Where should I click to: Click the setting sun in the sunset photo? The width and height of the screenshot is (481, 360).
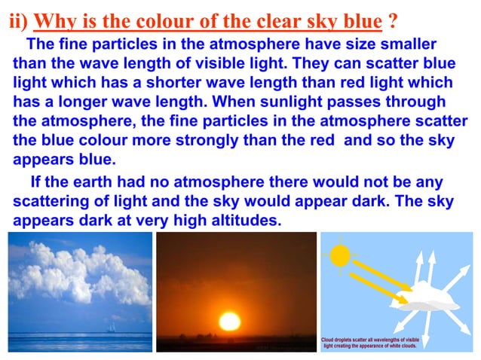pyautogui.click(x=228, y=320)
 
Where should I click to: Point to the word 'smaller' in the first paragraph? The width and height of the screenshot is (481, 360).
pyautogui.click(x=407, y=43)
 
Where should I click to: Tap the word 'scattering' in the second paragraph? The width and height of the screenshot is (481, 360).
pyautogui.click(x=49, y=203)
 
